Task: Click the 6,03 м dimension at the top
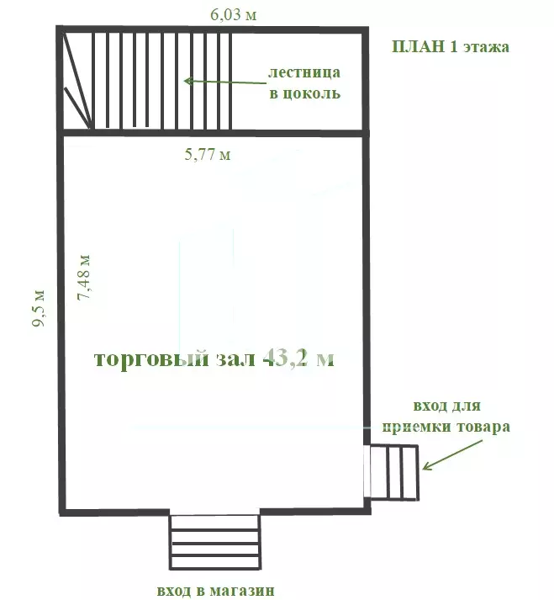pyautogui.click(x=233, y=14)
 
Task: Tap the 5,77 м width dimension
pyautogui.click(x=208, y=154)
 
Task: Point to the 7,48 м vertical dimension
pyautogui.click(x=84, y=277)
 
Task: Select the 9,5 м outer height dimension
pyautogui.click(x=38, y=309)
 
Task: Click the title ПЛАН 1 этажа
pyautogui.click(x=451, y=46)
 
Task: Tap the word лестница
pyautogui.click(x=304, y=72)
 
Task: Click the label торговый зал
pyautogui.click(x=174, y=359)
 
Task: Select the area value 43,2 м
pyautogui.click(x=298, y=358)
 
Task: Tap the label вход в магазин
pyautogui.click(x=216, y=591)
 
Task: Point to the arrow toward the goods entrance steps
pyautogui.click(x=452, y=455)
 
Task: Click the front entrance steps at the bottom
pyautogui.click(x=215, y=542)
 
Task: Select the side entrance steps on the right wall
pyautogui.click(x=394, y=473)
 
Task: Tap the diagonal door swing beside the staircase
pyautogui.click(x=77, y=81)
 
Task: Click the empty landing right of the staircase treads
pyautogui.click(x=297, y=81)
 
